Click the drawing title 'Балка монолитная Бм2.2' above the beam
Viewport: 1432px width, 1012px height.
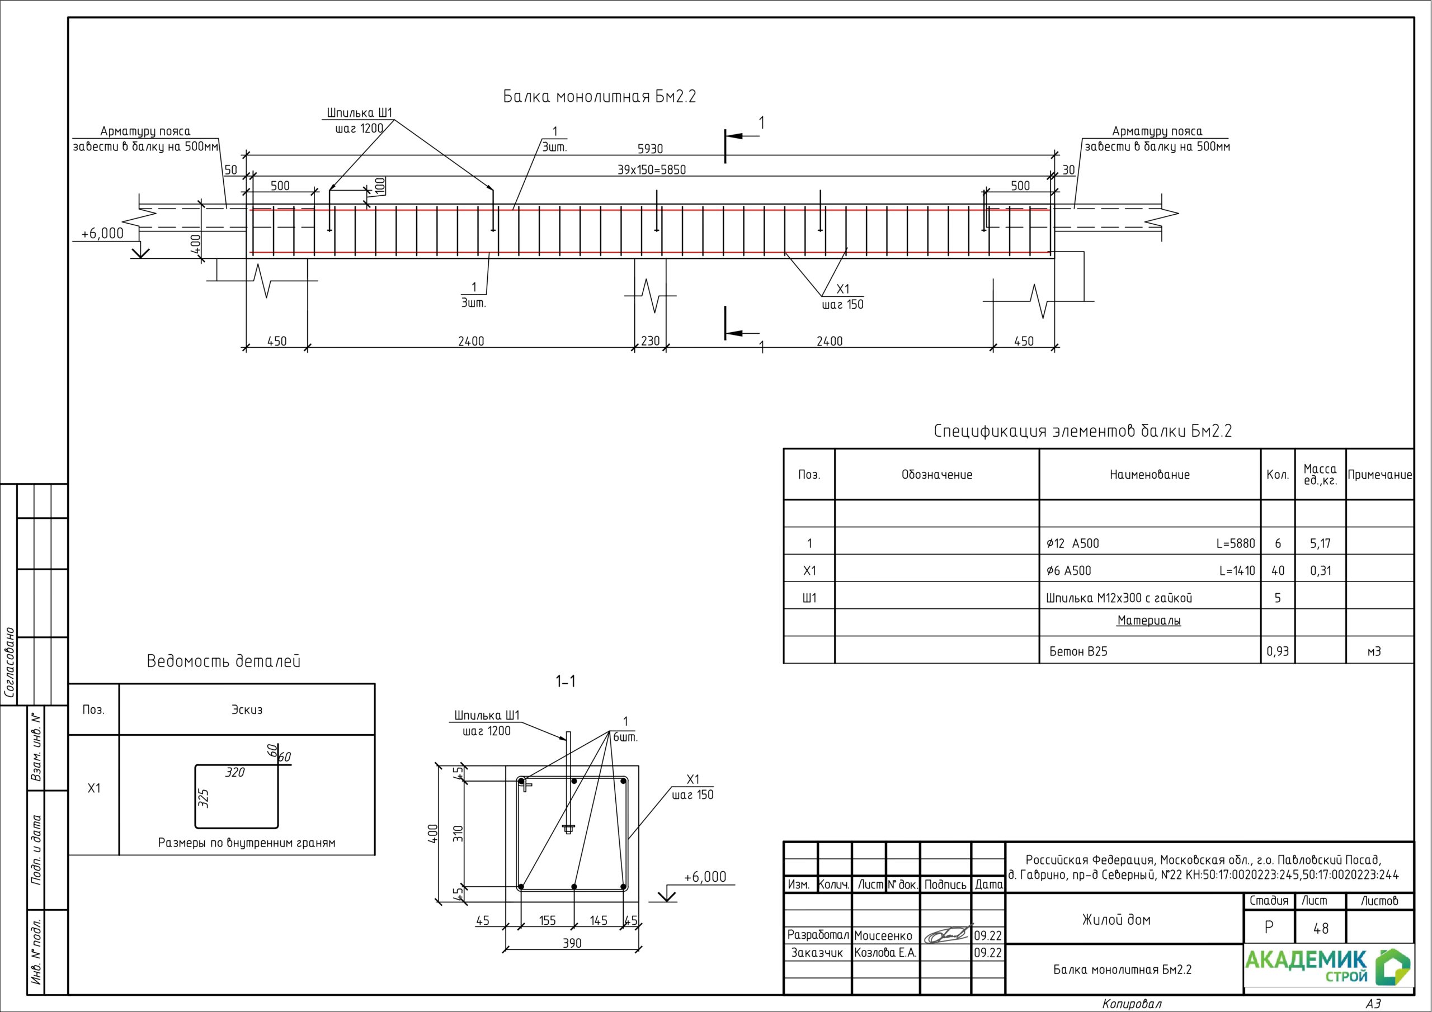pos(599,97)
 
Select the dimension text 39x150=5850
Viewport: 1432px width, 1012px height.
pos(651,169)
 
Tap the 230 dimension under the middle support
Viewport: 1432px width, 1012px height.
pos(650,341)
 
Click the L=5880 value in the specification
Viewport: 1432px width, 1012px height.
pos(1235,543)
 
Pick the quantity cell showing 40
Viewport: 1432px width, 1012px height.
pos(1277,570)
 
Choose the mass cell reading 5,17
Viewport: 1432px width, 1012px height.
pos(1320,543)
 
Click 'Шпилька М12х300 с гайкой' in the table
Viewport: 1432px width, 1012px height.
pos(1119,598)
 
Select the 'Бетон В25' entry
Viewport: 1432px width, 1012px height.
pos(1078,651)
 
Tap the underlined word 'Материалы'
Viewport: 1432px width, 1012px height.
pos(1149,621)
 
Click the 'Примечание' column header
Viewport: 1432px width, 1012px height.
pos(1379,475)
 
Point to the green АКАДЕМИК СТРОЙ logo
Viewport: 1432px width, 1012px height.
pos(1328,968)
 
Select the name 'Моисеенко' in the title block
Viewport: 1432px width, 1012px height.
pos(883,935)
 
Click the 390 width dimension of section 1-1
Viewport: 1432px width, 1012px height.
pos(572,943)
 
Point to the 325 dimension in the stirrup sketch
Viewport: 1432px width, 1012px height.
pos(203,798)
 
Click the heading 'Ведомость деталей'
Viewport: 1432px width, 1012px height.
pos(223,661)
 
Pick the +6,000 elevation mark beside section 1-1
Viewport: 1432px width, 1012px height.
pos(705,877)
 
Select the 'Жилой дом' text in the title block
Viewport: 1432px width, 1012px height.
pos(1116,919)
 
